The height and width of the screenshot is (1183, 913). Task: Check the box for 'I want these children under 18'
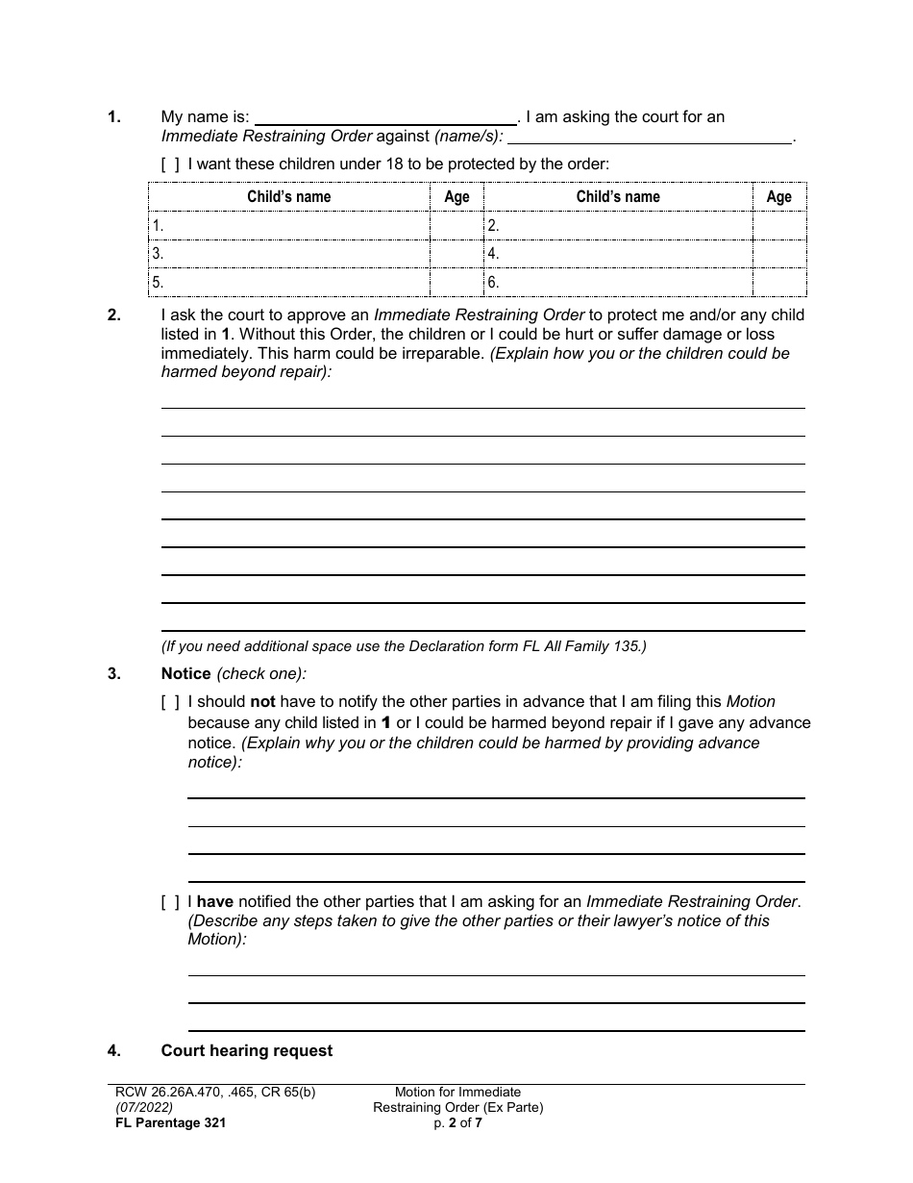click(170, 164)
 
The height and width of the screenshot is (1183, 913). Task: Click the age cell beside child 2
click(778, 227)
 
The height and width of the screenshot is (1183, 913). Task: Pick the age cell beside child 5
click(456, 283)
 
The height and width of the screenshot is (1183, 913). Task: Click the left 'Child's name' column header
click(288, 197)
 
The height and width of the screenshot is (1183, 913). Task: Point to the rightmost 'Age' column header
click(778, 197)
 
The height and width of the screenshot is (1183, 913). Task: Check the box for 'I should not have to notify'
click(170, 703)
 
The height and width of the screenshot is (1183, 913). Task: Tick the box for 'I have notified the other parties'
click(170, 902)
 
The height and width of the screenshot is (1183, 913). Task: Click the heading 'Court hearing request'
click(247, 1051)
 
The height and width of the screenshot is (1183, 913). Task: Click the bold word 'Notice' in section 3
click(186, 674)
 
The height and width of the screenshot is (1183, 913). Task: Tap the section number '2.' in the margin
click(114, 315)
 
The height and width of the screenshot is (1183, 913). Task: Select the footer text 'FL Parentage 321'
click(167, 1122)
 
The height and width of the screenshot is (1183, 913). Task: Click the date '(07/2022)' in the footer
click(140, 1107)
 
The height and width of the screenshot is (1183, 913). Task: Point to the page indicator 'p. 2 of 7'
click(457, 1122)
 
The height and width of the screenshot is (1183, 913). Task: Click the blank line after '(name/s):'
click(649, 137)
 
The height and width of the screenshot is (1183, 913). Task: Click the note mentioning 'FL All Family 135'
click(404, 646)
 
